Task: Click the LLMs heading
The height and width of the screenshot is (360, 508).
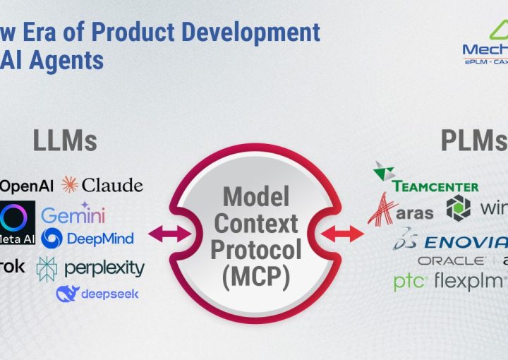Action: pyautogui.click(x=65, y=140)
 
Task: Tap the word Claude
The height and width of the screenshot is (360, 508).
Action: pyautogui.click(x=112, y=186)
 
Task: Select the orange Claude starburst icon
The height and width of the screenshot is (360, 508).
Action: pyautogui.click(x=70, y=186)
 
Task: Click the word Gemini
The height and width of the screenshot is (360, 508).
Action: pyautogui.click(x=73, y=215)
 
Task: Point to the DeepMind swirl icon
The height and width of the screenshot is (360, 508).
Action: pyautogui.click(x=52, y=239)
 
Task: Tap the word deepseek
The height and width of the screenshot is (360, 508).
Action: pyautogui.click(x=109, y=294)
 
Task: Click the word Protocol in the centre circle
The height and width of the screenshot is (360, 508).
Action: pyautogui.click(x=255, y=249)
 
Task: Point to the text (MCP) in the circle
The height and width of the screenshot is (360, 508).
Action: pyautogui.click(x=255, y=275)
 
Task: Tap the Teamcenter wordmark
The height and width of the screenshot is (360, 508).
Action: pyautogui.click(x=435, y=186)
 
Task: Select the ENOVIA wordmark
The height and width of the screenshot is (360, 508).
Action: pyautogui.click(x=465, y=242)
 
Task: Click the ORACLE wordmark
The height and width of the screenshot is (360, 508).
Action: pyautogui.click(x=451, y=261)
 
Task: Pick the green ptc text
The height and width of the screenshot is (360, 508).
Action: pyautogui.click(x=409, y=282)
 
